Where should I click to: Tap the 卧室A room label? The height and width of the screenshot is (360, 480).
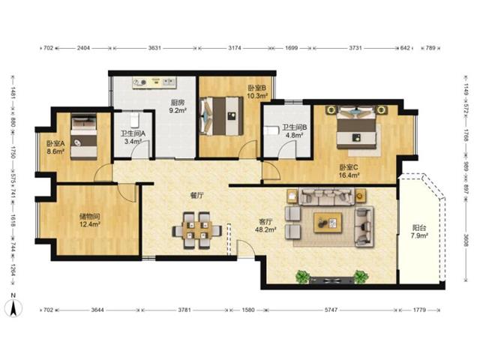[55, 143]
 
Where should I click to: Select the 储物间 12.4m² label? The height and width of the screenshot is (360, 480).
[90, 220]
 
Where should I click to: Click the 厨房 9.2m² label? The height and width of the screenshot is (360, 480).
[178, 106]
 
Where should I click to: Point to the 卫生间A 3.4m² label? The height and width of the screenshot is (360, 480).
[133, 137]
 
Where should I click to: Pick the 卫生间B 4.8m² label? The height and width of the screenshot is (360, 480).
[294, 130]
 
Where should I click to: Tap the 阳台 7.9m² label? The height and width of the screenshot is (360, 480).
[419, 232]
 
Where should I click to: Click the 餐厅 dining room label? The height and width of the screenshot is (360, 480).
[196, 196]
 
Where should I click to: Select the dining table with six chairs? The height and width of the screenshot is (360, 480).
[196, 230]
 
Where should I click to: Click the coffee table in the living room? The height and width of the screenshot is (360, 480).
[328, 223]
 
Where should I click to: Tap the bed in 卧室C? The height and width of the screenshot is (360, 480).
[356, 127]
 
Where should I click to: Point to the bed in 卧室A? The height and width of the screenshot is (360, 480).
[84, 136]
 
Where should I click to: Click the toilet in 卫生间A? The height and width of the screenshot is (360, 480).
[134, 121]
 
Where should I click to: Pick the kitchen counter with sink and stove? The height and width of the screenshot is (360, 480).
[154, 82]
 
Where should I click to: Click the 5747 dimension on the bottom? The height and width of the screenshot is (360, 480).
[331, 310]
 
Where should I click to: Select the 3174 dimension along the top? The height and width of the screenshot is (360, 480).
[235, 48]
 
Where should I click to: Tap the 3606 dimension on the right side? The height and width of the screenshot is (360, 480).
[466, 241]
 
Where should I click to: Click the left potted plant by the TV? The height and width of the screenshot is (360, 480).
[302, 276]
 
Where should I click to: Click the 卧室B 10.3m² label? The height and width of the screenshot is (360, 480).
[257, 91]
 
